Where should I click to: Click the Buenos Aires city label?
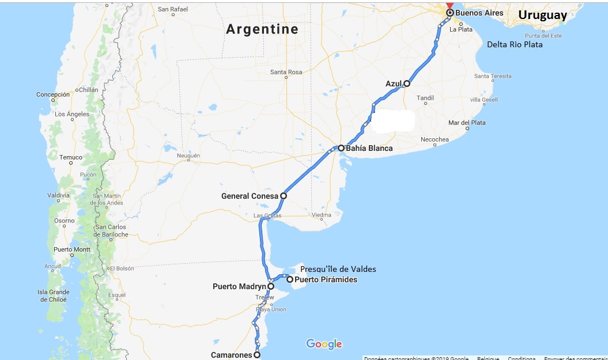tap(479, 13)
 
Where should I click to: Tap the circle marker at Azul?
tap(407, 84)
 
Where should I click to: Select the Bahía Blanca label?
tap(369, 149)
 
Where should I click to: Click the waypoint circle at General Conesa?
tap(284, 196)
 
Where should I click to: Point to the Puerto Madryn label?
tap(239, 286)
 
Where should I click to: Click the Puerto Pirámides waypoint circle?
tap(290, 280)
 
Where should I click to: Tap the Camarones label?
tap(232, 355)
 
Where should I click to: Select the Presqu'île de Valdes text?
tap(338, 270)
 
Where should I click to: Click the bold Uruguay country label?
tap(542, 16)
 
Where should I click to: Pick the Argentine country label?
tap(262, 29)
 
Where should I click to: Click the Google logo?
tap(324, 344)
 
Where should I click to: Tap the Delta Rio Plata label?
tap(515, 44)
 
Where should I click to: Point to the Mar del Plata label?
tap(467, 123)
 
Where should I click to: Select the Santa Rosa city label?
tap(286, 72)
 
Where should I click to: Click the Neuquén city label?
tap(188, 156)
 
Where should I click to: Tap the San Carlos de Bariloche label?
tap(111, 230)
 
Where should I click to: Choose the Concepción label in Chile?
tap(53, 94)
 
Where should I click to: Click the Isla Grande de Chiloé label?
tap(53, 296)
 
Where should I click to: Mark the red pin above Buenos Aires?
tap(450, 5)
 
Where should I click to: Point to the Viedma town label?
tap(321, 215)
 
